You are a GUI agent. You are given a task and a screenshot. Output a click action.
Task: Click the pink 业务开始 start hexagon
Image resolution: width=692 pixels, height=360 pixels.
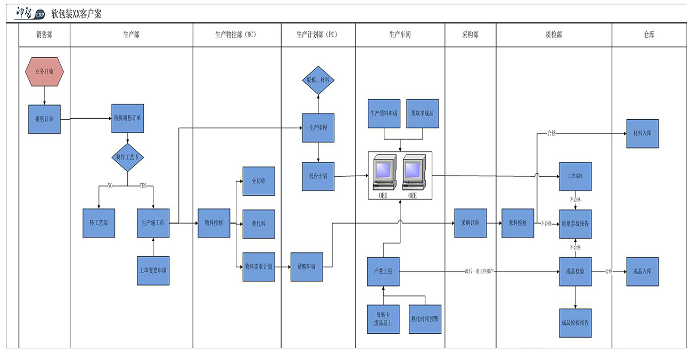pyautogui.click(x=44, y=71)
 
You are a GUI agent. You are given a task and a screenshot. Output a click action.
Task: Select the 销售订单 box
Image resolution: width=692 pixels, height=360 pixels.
pyautogui.click(x=44, y=119)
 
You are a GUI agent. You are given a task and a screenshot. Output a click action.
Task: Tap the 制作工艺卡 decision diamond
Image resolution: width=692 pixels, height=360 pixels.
pyautogui.click(x=127, y=157)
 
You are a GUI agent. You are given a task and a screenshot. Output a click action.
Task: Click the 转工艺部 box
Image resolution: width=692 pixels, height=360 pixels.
pyautogui.click(x=98, y=223)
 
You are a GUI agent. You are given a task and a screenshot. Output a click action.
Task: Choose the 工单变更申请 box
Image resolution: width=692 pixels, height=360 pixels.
pyautogui.click(x=153, y=271)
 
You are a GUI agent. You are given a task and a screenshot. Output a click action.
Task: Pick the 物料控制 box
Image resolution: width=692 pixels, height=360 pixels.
pyautogui.click(x=213, y=223)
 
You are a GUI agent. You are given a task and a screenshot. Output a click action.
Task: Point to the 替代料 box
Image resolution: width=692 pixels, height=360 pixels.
pyautogui.click(x=259, y=224)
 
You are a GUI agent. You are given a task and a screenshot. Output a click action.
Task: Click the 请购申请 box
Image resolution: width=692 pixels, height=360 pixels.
pyautogui.click(x=307, y=266)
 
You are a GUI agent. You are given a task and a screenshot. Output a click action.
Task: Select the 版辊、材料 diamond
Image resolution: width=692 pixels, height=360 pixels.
pyautogui.click(x=318, y=80)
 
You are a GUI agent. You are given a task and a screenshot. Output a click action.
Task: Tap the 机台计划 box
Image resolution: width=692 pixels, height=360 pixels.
pyautogui.click(x=318, y=176)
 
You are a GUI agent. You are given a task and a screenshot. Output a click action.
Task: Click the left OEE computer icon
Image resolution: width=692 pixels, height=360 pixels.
pyautogui.click(x=384, y=173)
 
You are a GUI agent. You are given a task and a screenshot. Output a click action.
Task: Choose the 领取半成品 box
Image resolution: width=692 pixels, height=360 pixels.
pyautogui.click(x=423, y=113)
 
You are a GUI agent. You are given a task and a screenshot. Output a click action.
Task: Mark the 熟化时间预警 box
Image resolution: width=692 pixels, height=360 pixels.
pyautogui.click(x=425, y=319)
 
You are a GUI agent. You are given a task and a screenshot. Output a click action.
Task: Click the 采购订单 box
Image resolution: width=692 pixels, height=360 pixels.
pyautogui.click(x=470, y=223)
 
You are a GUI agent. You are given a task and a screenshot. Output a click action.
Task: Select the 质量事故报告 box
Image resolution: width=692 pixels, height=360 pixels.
pyautogui.click(x=575, y=224)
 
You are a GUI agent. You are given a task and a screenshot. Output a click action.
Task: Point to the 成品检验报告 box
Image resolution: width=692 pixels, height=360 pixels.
pyautogui.click(x=575, y=323)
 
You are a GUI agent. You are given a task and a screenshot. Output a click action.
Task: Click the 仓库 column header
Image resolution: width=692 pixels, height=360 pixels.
pyautogui.click(x=649, y=35)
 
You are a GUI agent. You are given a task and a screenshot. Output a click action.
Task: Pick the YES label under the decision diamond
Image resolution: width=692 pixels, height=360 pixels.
pyautogui.click(x=143, y=186)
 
